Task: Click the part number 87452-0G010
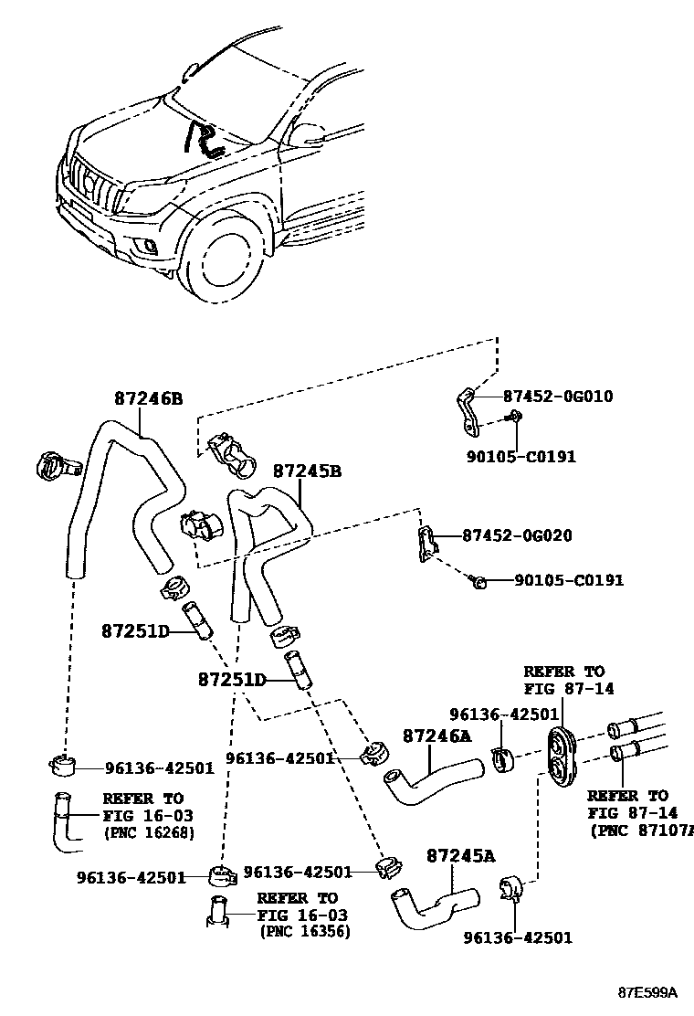pyautogui.click(x=558, y=396)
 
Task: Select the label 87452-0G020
pyautogui.click(x=517, y=535)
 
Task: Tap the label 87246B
pyautogui.click(x=148, y=397)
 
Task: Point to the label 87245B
pyautogui.click(x=307, y=471)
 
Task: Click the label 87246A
pyautogui.click(x=437, y=736)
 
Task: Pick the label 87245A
pyautogui.click(x=461, y=856)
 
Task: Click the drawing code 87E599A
pyautogui.click(x=647, y=992)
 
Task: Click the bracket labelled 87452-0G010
pyautogui.click(x=468, y=413)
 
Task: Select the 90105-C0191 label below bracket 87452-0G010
pyautogui.click(x=521, y=456)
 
